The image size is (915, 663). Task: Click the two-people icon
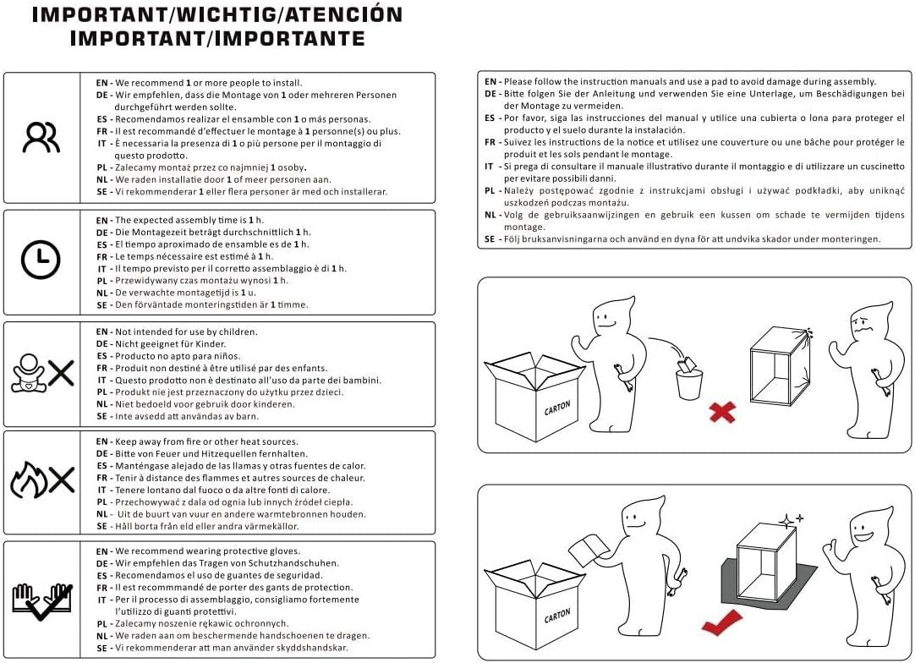point(41,137)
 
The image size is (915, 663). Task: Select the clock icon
point(41,259)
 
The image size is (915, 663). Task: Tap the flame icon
point(29,479)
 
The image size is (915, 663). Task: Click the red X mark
point(722,412)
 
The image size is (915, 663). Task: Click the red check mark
point(721,623)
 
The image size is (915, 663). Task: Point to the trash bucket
point(689,378)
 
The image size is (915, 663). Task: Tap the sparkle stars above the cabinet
point(792,519)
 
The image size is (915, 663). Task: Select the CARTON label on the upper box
point(557,408)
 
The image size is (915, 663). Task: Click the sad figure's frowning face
point(862,322)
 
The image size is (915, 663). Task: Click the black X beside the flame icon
point(61,479)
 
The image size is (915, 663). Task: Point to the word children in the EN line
point(238,332)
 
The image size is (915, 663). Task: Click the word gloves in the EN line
point(284,551)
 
